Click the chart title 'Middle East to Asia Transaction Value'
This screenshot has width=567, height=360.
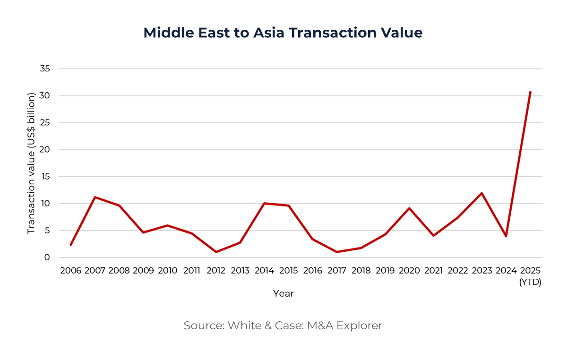pyautogui.click(x=283, y=33)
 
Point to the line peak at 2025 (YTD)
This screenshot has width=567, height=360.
pyautogui.click(x=530, y=92)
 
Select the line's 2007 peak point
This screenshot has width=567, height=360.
pyautogui.click(x=95, y=197)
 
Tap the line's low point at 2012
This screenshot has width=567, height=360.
pyautogui.click(x=216, y=252)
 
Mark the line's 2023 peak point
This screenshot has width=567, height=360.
pyautogui.click(x=481, y=193)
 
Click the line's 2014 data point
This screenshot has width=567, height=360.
pyautogui.click(x=264, y=203)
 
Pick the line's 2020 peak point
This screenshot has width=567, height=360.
pyautogui.click(x=409, y=208)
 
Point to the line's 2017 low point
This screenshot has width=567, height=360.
pyautogui.click(x=336, y=252)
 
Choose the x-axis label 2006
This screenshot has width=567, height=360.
pyautogui.click(x=71, y=271)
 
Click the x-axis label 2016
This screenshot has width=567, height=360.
pyautogui.click(x=312, y=271)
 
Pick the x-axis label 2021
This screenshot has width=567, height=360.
pyautogui.click(x=433, y=271)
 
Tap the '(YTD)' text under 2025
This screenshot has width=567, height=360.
pyautogui.click(x=530, y=282)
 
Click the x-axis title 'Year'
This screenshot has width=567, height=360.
pyautogui.click(x=283, y=293)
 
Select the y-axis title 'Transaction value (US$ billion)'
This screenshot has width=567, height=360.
pyautogui.click(x=32, y=163)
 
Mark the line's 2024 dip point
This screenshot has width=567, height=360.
pyautogui.click(x=506, y=236)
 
